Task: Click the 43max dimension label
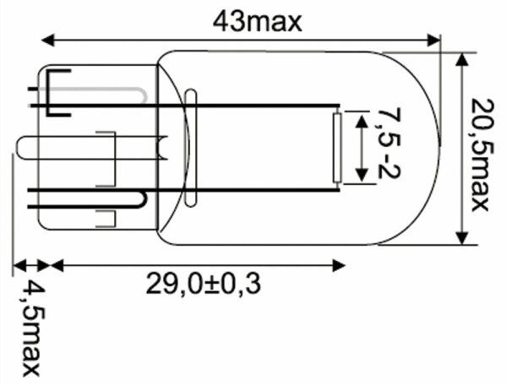click(x=258, y=21)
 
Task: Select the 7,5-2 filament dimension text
click(x=389, y=144)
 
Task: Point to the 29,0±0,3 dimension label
click(x=204, y=284)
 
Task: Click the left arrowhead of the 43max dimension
click(x=48, y=41)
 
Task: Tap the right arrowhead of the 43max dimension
click(x=433, y=41)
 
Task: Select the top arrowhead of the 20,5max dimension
click(x=462, y=60)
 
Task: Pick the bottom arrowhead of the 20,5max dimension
click(x=462, y=237)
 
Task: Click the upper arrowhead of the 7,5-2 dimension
click(x=362, y=122)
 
